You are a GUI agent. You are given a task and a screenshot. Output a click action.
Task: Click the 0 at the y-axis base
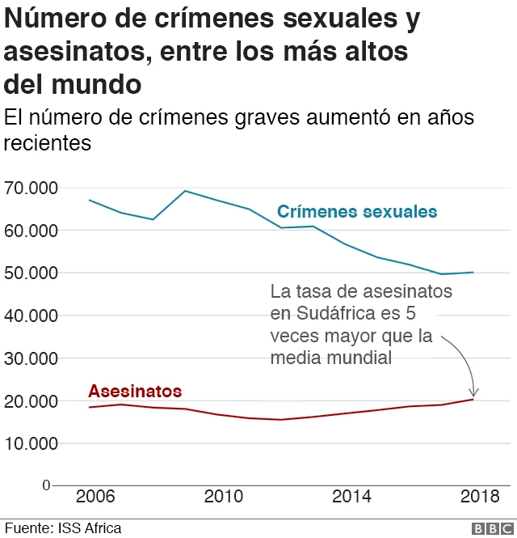(x=46, y=485)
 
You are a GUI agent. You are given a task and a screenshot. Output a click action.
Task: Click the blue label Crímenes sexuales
(x=357, y=212)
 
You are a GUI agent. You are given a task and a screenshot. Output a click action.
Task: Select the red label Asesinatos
(x=135, y=392)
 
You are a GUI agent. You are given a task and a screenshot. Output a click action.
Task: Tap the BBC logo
(x=487, y=528)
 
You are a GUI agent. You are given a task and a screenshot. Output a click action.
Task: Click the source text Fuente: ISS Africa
(x=63, y=528)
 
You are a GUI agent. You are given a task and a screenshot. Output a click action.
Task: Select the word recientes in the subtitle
(x=47, y=144)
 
